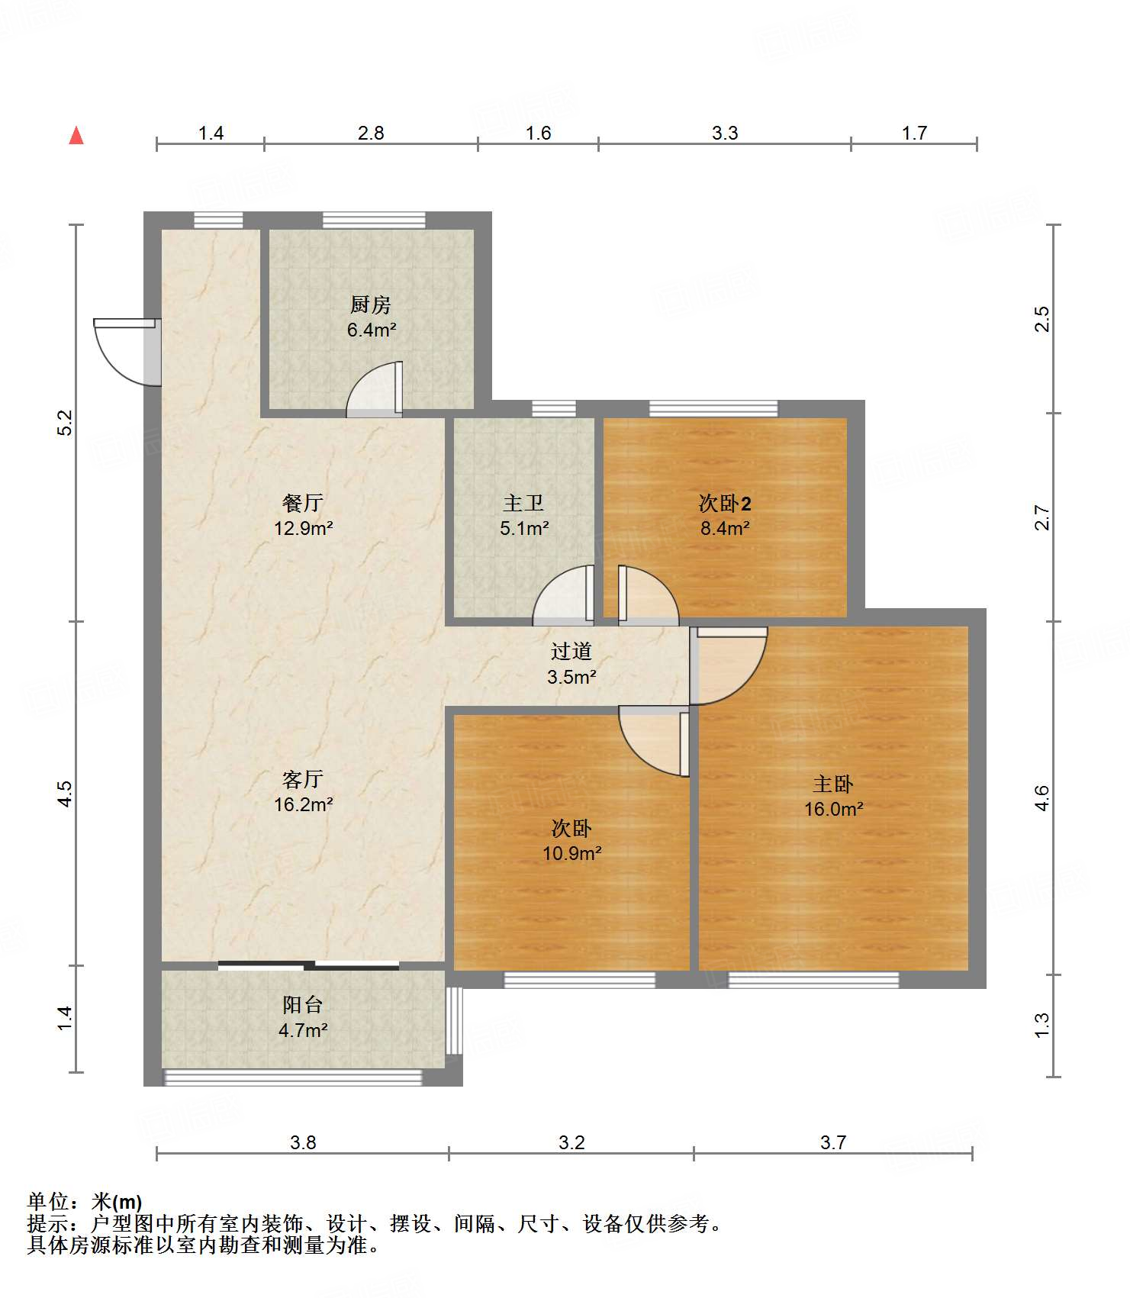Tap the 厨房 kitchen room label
[x=371, y=304]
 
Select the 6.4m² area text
[x=372, y=330]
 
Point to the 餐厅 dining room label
[x=303, y=503]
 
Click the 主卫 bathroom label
[x=523, y=503]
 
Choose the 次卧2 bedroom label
[x=725, y=503]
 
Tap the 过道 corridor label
[x=571, y=651]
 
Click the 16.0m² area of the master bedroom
[x=833, y=809]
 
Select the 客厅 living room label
[x=303, y=779]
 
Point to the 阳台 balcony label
[x=303, y=1005]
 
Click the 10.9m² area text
[x=571, y=853]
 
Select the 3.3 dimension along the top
[x=725, y=133]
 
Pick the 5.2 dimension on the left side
[x=66, y=423]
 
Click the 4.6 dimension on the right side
[x=1042, y=797]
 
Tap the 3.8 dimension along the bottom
[x=303, y=1142]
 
